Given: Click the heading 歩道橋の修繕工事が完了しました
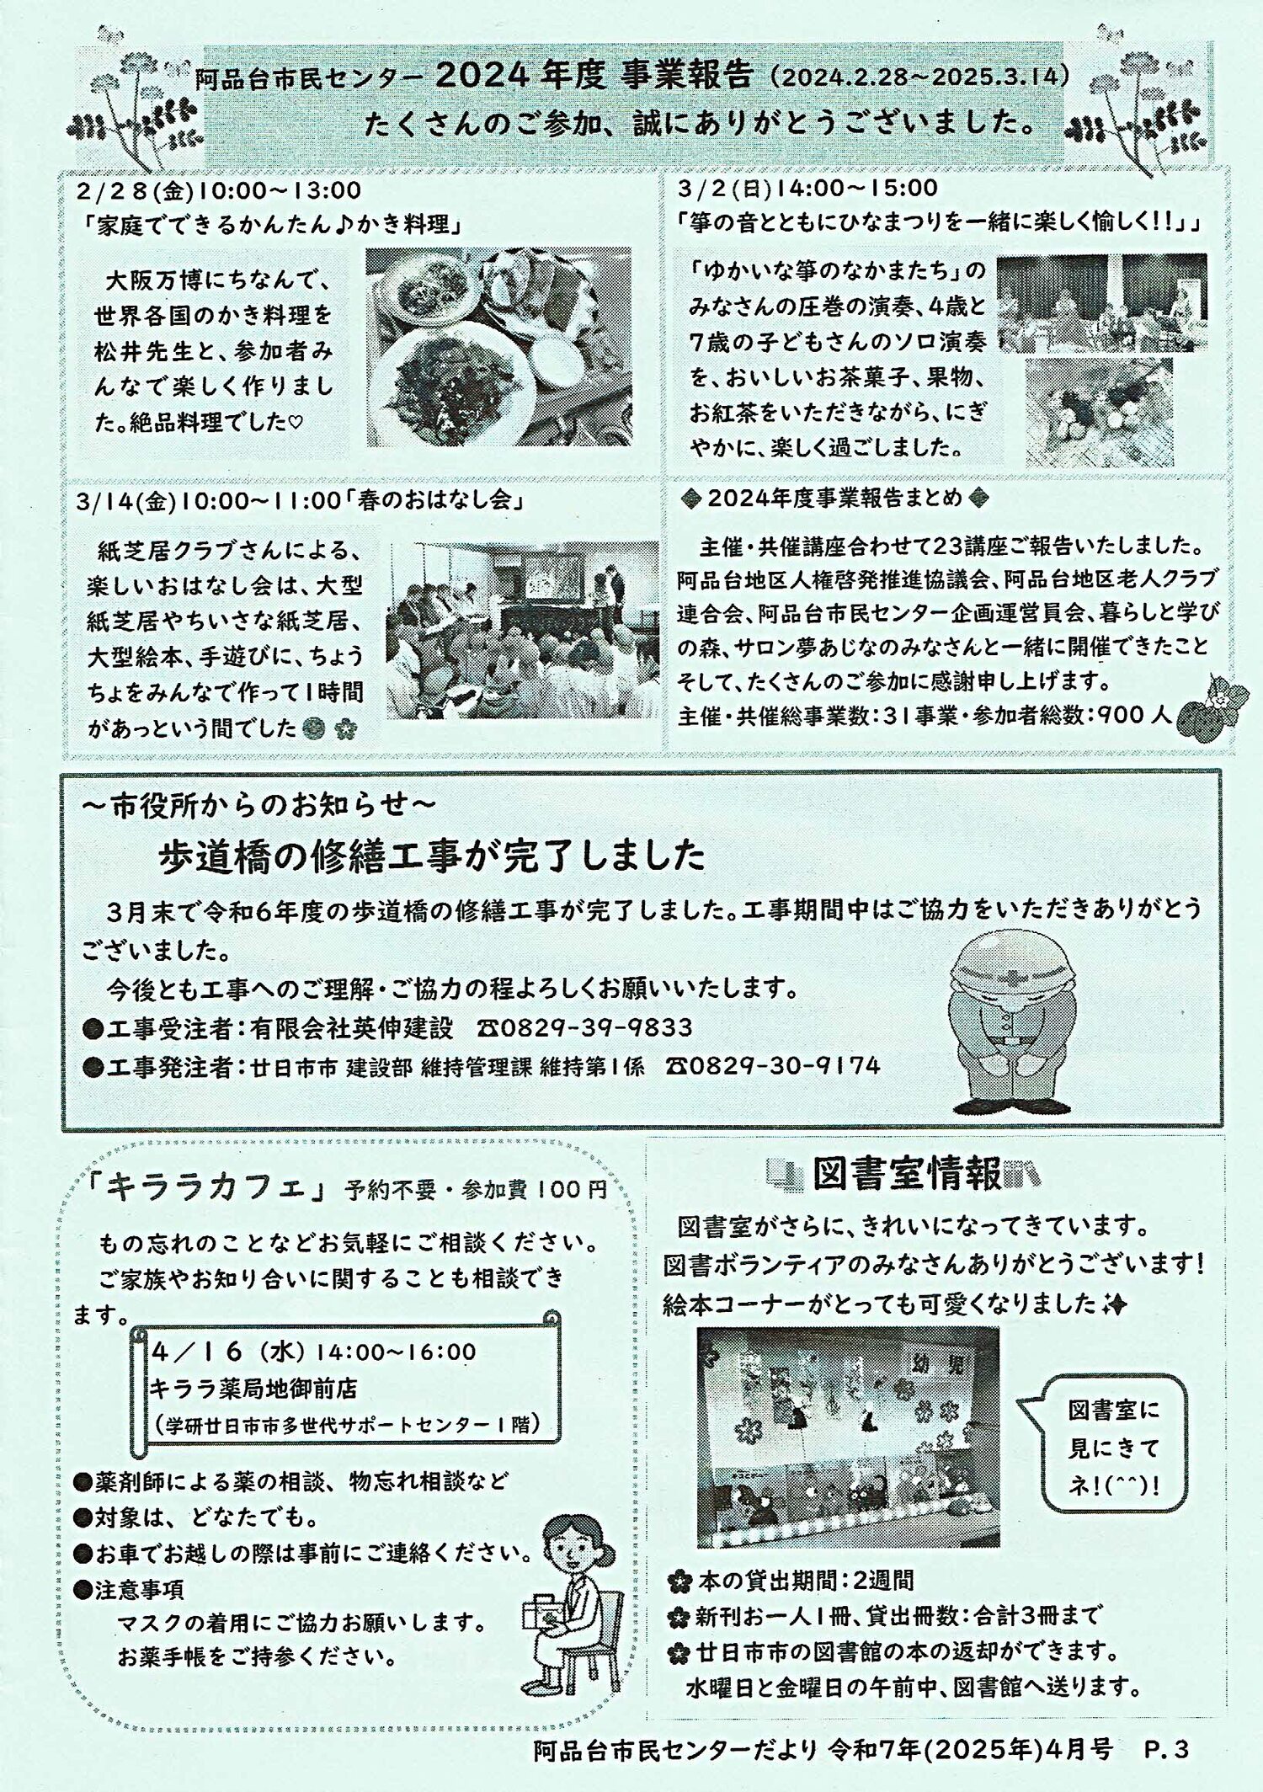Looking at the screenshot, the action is (x=432, y=855).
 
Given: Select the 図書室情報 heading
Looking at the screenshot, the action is (x=908, y=1175).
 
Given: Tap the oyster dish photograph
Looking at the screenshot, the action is (x=498, y=346).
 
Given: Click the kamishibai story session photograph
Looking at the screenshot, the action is (x=523, y=630).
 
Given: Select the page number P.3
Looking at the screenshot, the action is (x=1167, y=1749).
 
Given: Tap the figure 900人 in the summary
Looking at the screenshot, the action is (x=1134, y=715).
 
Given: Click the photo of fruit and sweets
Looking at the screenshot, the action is (x=1099, y=413).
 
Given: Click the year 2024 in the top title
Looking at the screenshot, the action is (x=482, y=76).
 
